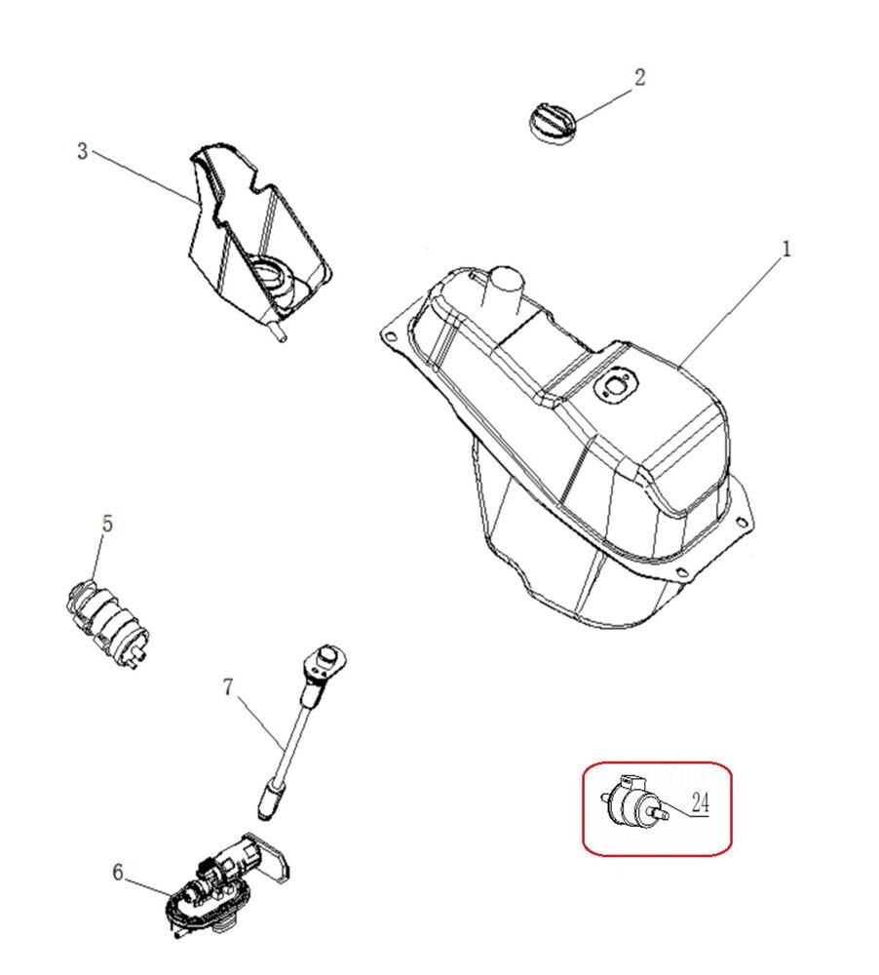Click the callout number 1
coord(785,250)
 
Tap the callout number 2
coord(639,78)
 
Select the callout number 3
coord(83,151)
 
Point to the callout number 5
coord(107,524)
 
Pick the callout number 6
coord(118,873)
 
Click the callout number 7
coord(228,687)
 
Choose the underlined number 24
coord(700,803)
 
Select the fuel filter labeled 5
coord(107,622)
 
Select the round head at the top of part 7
coord(325,656)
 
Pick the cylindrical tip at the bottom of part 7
coord(269,799)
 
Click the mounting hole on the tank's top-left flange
coord(390,337)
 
